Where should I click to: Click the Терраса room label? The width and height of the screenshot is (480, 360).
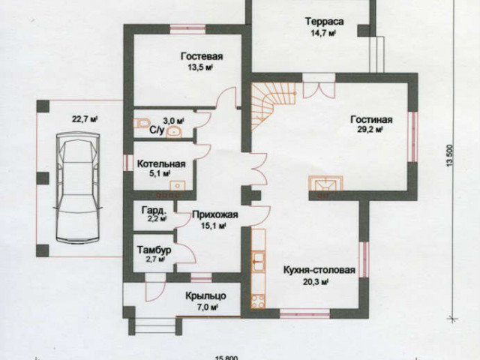point(325,22)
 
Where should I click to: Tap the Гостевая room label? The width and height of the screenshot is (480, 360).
point(202,57)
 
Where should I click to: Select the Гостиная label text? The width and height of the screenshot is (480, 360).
point(371,119)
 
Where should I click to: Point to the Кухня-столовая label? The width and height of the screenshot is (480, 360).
point(319,270)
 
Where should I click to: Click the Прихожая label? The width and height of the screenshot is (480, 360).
point(215,214)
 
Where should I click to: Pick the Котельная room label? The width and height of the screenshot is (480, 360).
point(161,163)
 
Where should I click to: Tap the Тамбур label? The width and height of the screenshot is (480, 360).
point(154,250)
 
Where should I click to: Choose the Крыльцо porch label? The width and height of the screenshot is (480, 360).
point(205,296)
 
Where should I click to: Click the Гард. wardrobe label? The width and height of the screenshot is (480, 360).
point(154,211)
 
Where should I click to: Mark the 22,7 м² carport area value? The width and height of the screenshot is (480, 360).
point(85,119)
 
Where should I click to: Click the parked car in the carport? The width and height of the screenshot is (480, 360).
point(77,188)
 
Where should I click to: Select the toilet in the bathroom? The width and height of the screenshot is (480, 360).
point(141,123)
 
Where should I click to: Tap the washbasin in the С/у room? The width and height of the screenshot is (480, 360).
point(174,131)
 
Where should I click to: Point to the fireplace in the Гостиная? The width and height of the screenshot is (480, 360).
point(325,184)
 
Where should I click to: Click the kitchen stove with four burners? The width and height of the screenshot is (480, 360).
point(258,300)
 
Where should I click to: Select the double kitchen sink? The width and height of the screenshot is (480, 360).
point(258,261)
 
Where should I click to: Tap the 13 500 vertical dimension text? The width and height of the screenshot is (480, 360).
point(449,155)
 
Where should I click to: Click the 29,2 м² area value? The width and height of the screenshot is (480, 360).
point(370,130)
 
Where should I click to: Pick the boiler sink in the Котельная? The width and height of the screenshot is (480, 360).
point(177,185)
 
